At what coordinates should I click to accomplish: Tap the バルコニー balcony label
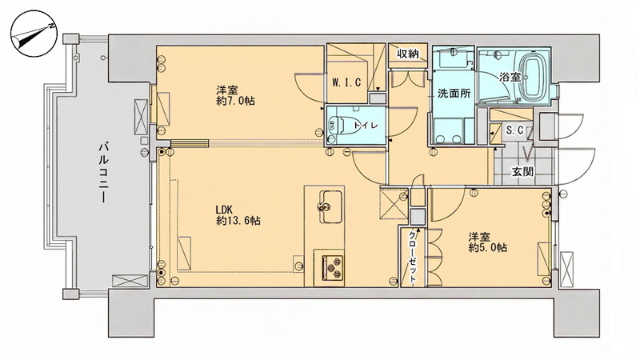click(x=104, y=172)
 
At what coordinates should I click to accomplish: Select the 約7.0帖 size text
click(x=236, y=102)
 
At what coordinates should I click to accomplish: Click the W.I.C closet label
click(x=346, y=83)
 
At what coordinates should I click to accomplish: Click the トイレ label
click(x=366, y=126)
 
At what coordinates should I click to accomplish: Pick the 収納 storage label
click(x=408, y=54)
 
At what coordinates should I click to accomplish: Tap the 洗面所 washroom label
click(x=454, y=94)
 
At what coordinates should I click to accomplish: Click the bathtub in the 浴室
click(x=533, y=78)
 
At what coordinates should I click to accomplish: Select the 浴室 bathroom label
click(x=510, y=76)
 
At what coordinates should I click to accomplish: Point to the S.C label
click(x=514, y=130)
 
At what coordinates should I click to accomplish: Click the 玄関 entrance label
click(x=522, y=172)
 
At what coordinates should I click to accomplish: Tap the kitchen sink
click(x=330, y=206)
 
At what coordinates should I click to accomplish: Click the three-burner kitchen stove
click(x=333, y=268)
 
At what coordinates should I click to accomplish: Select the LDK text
click(x=224, y=210)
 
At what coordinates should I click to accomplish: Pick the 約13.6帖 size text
click(x=238, y=222)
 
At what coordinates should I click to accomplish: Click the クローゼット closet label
click(x=413, y=258)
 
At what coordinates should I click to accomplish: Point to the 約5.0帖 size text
click(x=488, y=247)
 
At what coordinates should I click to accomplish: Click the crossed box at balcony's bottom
click(x=130, y=282)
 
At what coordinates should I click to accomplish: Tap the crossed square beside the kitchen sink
click(x=394, y=204)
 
